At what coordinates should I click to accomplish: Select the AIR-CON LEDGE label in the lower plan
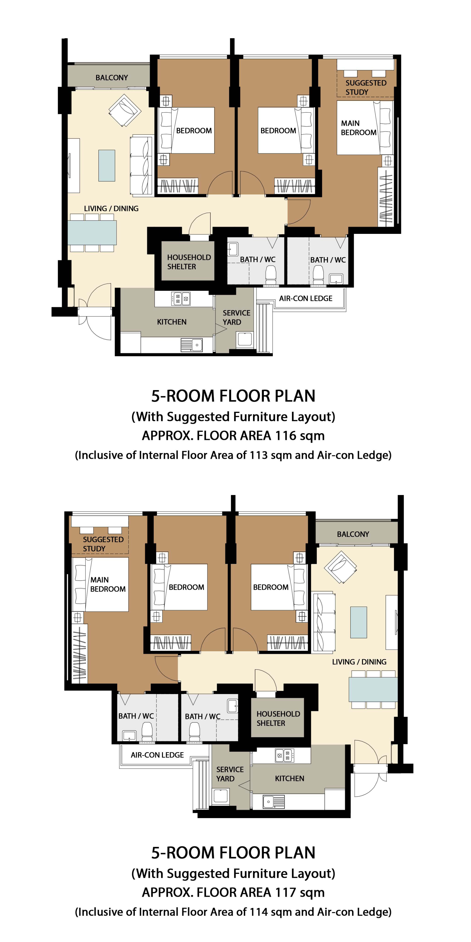pyautogui.click(x=157, y=755)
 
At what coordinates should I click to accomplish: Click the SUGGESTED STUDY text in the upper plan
pyautogui.click(x=366, y=87)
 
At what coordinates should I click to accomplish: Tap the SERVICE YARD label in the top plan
pyautogui.click(x=236, y=317)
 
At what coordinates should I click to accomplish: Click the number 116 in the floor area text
pyautogui.click(x=285, y=435)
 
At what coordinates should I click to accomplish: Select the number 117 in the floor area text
pyautogui.click(x=285, y=892)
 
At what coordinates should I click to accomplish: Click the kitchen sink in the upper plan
pyautogui.click(x=192, y=345)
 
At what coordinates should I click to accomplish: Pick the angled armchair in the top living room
pyautogui.click(x=125, y=110)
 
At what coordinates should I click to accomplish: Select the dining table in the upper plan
pyautogui.click(x=92, y=233)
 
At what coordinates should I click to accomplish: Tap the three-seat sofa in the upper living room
pyautogui.click(x=141, y=165)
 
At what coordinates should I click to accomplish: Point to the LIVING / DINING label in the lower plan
pyautogui.click(x=359, y=661)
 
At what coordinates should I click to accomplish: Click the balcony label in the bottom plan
pyautogui.click(x=353, y=534)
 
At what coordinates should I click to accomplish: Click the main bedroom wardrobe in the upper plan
pyautogui.click(x=386, y=197)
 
